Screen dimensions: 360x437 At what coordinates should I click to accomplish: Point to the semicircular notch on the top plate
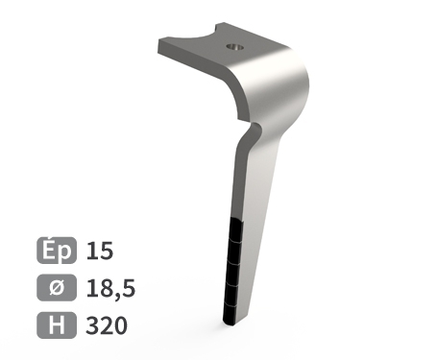point(205,42)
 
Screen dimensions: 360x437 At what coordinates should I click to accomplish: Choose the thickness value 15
point(100,252)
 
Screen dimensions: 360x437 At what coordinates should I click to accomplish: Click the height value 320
point(106,324)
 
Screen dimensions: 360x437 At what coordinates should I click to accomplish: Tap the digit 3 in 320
point(92,324)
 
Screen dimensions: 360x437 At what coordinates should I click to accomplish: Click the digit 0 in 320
point(120,324)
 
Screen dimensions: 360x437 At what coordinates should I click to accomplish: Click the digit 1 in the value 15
point(92,252)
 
